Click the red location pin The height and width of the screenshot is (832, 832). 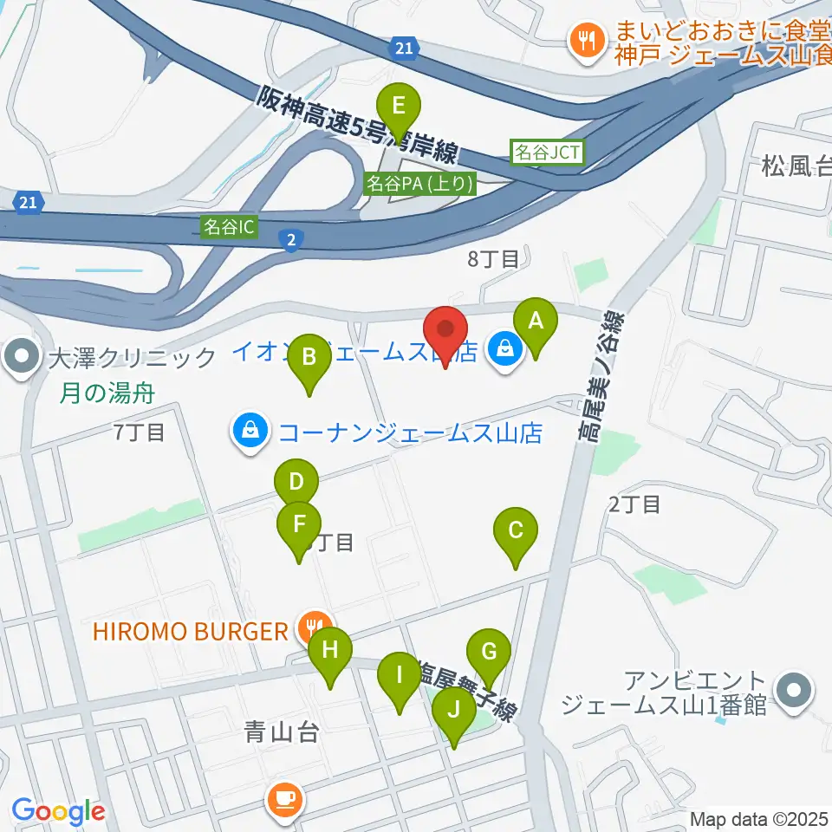445,333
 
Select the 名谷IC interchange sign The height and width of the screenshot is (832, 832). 230,227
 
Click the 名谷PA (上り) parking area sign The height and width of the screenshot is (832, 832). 419,183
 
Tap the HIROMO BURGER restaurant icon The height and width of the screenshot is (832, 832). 313,625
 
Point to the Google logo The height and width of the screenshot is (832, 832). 58,811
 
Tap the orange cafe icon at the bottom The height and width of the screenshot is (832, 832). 284,797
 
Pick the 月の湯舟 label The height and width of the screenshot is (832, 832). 107,393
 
